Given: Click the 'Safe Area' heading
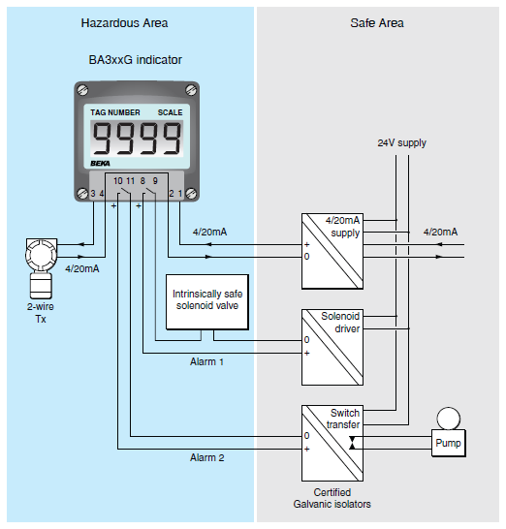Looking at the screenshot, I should point(377,22).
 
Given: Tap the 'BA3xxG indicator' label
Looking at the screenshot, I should point(136,60).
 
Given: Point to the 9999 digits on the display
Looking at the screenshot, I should point(136,140).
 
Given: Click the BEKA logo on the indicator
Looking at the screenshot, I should point(99,166).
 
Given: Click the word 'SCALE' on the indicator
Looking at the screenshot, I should point(170,113).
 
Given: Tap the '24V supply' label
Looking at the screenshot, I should point(401,143).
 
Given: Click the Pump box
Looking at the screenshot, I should point(447,445).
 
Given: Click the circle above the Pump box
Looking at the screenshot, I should point(447,419).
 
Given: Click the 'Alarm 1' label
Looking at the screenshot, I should point(206,361).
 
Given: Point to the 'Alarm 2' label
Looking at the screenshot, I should point(206,457).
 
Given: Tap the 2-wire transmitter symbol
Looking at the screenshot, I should point(40,266).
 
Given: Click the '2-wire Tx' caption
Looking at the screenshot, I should point(40,313).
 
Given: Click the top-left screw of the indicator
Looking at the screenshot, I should point(85,92).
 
